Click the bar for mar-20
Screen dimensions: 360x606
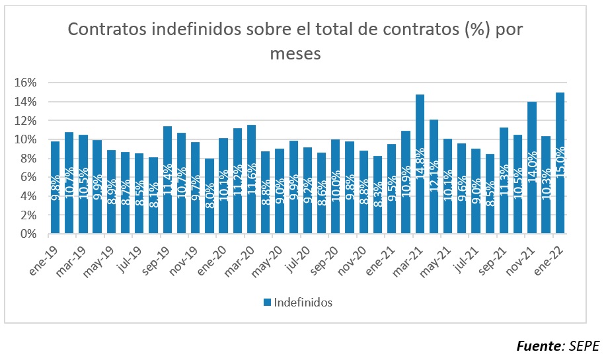click(x=251, y=179)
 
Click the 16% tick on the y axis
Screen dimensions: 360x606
click(x=27, y=83)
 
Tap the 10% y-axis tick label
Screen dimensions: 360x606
click(x=27, y=139)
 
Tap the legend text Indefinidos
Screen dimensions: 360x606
click(x=303, y=303)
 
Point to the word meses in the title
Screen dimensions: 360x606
click(x=295, y=54)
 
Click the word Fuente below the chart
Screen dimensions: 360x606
click(x=537, y=345)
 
